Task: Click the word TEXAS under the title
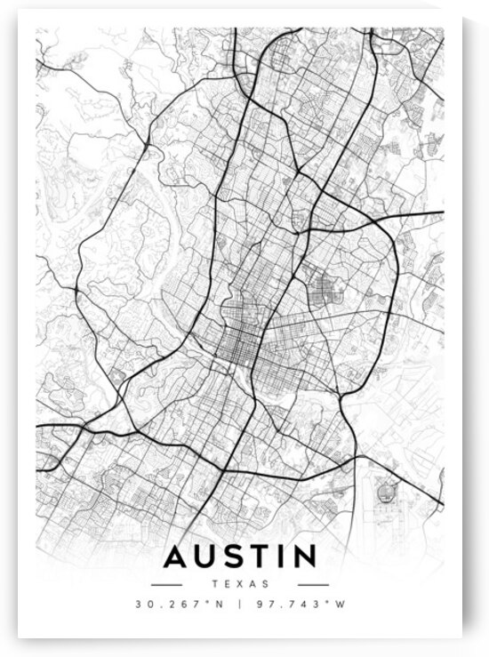tap(240, 584)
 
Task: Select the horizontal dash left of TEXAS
tap(166, 584)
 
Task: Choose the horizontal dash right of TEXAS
tap(313, 584)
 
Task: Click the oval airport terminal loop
tap(385, 490)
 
